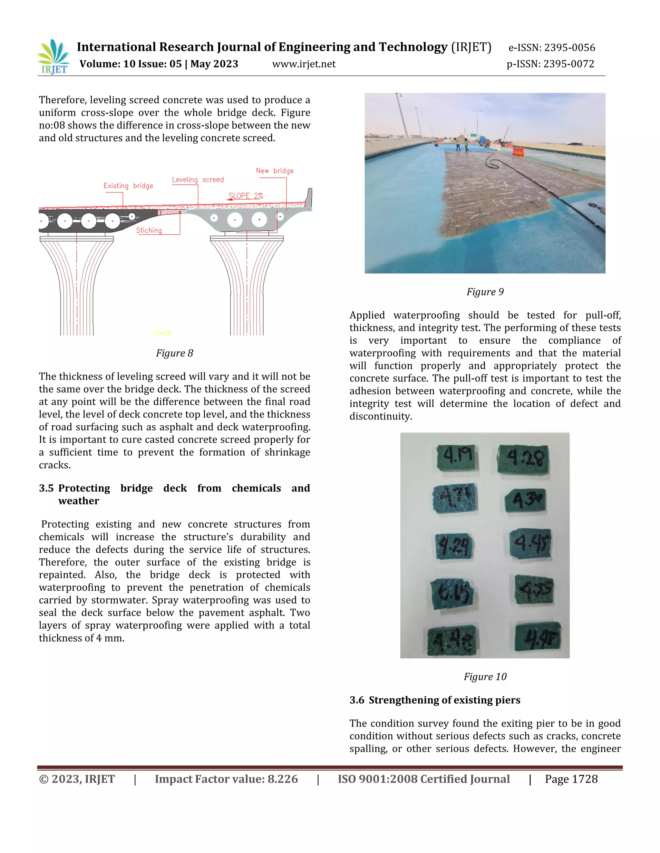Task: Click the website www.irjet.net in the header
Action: coord(304,64)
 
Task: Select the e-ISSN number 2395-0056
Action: coord(569,48)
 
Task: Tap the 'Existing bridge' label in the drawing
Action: coord(128,186)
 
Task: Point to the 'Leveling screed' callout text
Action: coord(198,180)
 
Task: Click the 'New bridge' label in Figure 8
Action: coord(275,171)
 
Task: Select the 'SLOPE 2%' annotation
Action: coord(246,196)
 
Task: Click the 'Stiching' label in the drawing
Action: coord(149,230)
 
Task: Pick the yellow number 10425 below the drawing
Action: coord(161,333)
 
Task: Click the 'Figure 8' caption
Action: coord(174,353)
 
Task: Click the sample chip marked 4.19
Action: coord(456,457)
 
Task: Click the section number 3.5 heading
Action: coord(46,488)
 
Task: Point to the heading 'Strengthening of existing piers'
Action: coord(444,700)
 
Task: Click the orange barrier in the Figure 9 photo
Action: coord(519,151)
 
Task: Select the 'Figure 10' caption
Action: coord(485,677)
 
